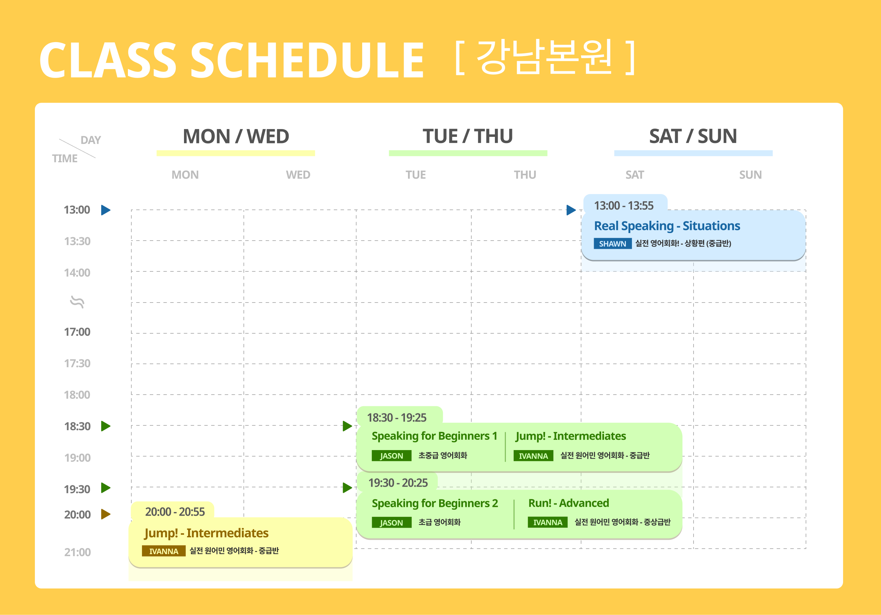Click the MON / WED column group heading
(236, 136)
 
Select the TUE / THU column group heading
(468, 136)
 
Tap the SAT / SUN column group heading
(693, 136)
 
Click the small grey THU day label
(525, 175)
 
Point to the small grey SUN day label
(751, 175)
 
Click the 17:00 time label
(77, 332)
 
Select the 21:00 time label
(78, 552)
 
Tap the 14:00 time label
(77, 272)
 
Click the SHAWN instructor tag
(613, 244)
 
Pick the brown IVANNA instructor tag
(164, 551)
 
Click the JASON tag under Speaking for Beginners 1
(391, 456)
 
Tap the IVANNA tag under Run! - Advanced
(548, 523)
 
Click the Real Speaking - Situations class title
(667, 226)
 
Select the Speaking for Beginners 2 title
(435, 503)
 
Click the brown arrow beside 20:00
(106, 514)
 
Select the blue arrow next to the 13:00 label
(106, 210)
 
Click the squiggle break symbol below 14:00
(77, 302)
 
